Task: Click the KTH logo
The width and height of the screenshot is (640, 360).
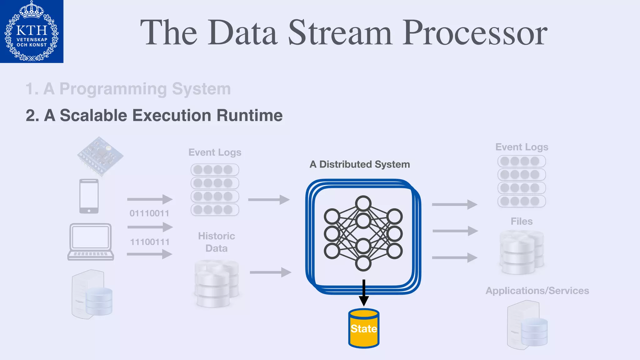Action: [x=32, y=31]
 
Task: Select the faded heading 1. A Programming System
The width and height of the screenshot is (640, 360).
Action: [x=128, y=89]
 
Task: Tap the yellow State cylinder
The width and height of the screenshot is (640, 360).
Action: [x=364, y=328]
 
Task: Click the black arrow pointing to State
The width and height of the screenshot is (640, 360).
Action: [x=364, y=292]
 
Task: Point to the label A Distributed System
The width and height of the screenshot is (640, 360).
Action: [x=360, y=164]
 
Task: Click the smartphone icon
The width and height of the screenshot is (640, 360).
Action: [x=89, y=196]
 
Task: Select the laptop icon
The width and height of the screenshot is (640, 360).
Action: [x=91, y=242]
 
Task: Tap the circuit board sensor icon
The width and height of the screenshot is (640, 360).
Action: [x=100, y=155]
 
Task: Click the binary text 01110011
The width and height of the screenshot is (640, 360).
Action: [x=149, y=213]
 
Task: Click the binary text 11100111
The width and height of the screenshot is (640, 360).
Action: [x=150, y=242]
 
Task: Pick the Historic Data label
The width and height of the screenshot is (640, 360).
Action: [x=216, y=242]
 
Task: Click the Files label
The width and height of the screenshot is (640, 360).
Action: [x=522, y=221]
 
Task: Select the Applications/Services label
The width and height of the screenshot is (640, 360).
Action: [x=537, y=291]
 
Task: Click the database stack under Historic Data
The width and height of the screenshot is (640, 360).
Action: [x=216, y=283]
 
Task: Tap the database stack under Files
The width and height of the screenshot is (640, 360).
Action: [x=522, y=252]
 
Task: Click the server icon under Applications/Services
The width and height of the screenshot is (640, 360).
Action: [x=527, y=325]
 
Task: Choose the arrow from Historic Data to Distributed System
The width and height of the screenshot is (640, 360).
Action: [x=270, y=272]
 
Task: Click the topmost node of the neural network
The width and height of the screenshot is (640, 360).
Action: [x=363, y=204]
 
